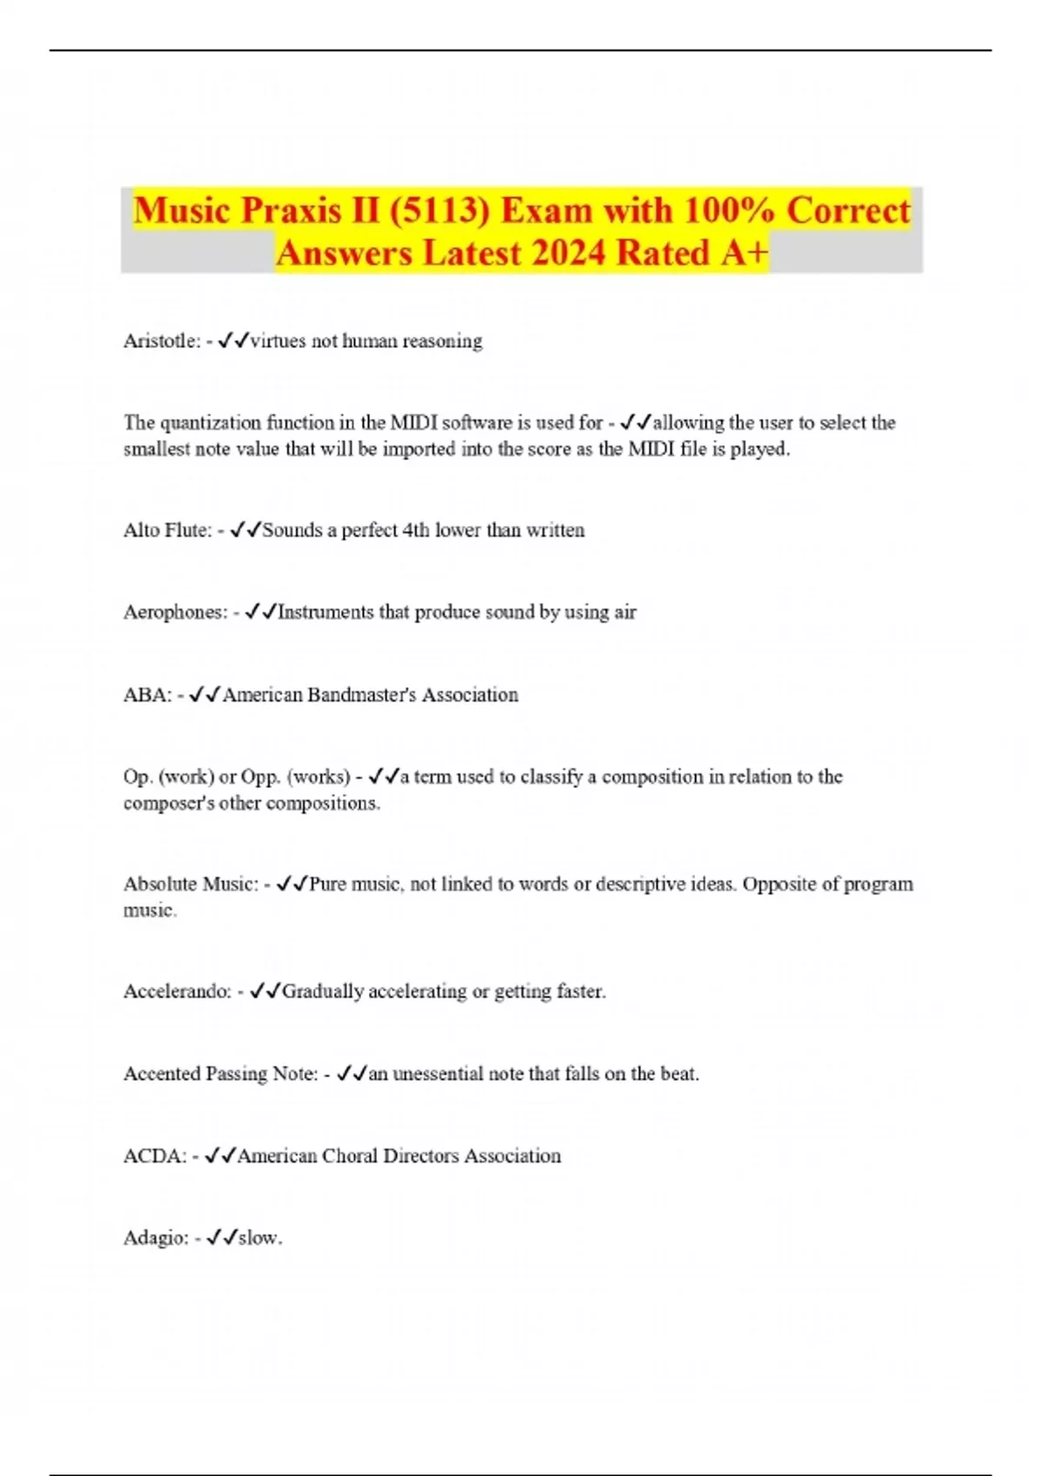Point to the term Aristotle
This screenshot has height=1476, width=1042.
click(x=162, y=341)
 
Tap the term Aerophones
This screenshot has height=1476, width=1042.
click(x=175, y=612)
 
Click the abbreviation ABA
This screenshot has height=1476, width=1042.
click(x=147, y=695)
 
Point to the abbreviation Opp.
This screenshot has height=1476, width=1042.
click(x=261, y=777)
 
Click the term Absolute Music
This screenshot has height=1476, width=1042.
click(x=190, y=884)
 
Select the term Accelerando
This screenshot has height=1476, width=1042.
click(x=177, y=992)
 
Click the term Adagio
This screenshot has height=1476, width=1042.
click(x=155, y=1238)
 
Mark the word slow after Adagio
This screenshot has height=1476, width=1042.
click(x=259, y=1238)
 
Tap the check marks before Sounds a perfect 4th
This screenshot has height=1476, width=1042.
click(x=246, y=530)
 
